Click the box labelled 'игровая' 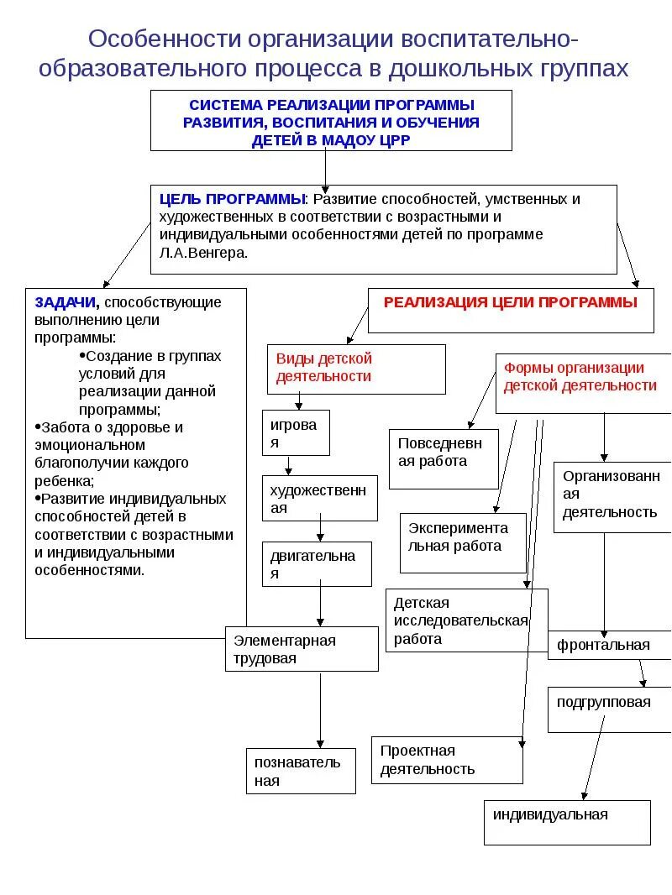tap(296, 432)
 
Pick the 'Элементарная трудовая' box tap(302, 649)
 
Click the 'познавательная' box tap(300, 771)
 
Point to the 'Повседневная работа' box tap(444, 459)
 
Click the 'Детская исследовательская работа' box tap(466, 620)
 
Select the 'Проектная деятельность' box tap(446, 760)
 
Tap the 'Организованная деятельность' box tap(612, 495)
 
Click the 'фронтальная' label tap(604, 645)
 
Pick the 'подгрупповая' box tap(604, 702)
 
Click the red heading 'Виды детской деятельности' tap(324, 367)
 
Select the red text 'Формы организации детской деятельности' tap(580, 376)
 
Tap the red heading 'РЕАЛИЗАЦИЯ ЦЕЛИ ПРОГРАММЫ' tap(510, 302)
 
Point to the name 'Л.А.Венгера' tap(204, 252)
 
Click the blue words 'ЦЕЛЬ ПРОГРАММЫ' tap(233, 199)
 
